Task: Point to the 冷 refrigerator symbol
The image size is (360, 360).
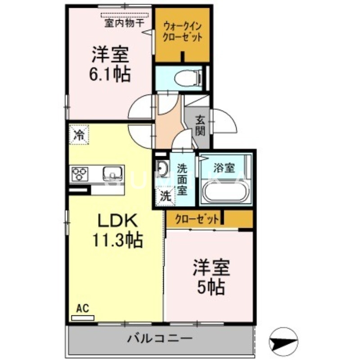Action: point(79,134)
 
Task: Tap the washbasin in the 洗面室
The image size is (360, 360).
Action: point(162,169)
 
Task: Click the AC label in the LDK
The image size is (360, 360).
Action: point(82,308)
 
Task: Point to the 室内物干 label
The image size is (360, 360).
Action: point(120,23)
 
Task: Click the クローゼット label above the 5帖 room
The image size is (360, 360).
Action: point(197,219)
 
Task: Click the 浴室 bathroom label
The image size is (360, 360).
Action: point(224,168)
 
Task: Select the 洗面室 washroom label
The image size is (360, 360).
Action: point(182,179)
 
